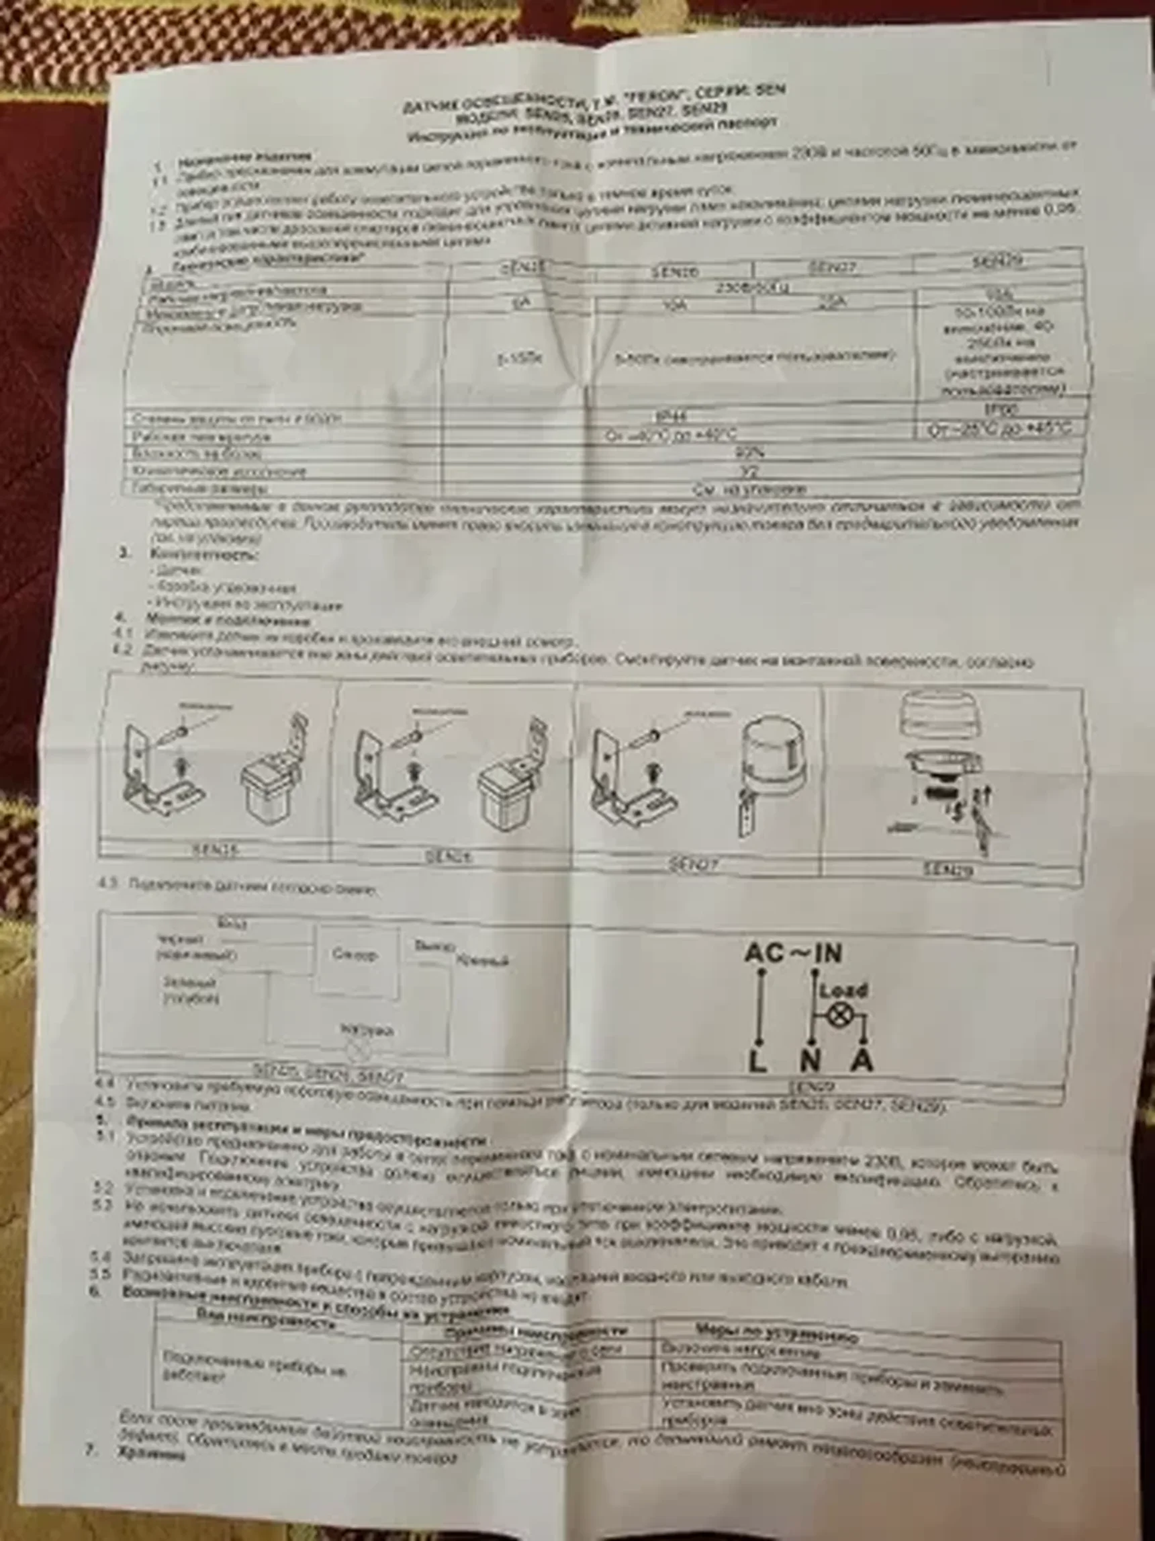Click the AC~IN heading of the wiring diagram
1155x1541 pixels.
click(x=793, y=953)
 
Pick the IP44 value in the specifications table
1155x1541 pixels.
click(x=671, y=417)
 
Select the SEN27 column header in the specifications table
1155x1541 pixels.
click(x=831, y=267)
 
